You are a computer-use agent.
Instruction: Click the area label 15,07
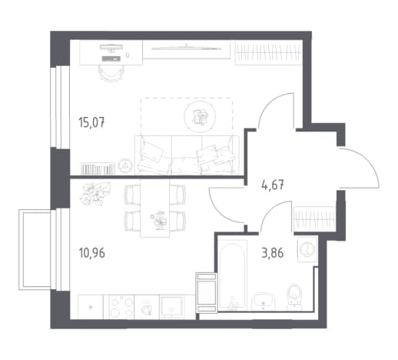click(91, 122)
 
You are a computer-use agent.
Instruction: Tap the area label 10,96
click(92, 253)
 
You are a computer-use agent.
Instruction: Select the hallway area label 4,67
click(273, 185)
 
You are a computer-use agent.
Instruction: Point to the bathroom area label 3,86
click(273, 253)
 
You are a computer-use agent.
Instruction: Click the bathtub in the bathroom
click(233, 275)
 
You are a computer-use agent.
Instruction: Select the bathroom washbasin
click(264, 302)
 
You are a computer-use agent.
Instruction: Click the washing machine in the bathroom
click(307, 248)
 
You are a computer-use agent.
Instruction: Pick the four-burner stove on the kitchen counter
click(121, 307)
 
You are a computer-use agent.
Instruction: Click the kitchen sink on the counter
click(171, 307)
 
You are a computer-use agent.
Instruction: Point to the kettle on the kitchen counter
click(147, 308)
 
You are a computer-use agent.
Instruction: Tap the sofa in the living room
click(187, 155)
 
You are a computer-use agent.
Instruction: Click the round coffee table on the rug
click(200, 117)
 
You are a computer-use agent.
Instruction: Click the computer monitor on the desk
click(111, 47)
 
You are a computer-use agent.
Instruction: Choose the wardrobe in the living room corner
click(269, 52)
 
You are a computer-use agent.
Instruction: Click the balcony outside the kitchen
click(35, 250)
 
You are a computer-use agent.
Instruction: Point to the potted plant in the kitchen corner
click(95, 194)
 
